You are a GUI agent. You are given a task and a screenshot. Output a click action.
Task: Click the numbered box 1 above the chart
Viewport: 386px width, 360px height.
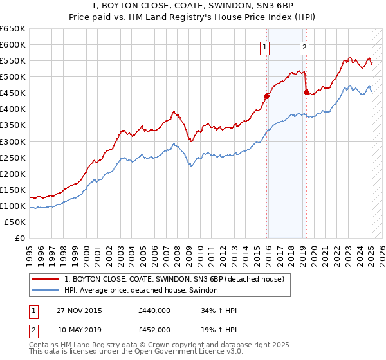(265, 46)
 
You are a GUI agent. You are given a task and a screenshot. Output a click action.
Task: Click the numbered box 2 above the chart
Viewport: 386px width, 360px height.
(304, 46)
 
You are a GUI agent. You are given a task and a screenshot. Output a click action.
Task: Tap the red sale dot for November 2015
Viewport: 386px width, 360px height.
(266, 96)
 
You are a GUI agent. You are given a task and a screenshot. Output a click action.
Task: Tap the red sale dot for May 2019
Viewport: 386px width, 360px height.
(306, 92)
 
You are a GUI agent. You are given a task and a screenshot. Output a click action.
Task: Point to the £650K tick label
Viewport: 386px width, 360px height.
(13, 29)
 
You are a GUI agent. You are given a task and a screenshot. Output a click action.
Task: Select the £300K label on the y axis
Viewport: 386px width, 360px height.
(13, 141)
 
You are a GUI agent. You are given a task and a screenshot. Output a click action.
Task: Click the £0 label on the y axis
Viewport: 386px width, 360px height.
(21, 238)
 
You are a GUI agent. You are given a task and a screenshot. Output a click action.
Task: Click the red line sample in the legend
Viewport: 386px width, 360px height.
(44, 279)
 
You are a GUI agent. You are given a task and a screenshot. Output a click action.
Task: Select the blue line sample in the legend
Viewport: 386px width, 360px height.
(44, 291)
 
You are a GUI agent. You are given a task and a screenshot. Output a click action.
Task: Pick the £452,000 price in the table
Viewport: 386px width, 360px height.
(154, 330)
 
